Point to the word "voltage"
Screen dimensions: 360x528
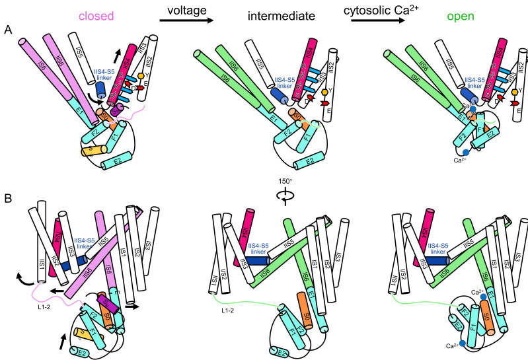pyautogui.click(x=187, y=10)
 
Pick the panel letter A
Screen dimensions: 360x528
pyautogui.click(x=7, y=30)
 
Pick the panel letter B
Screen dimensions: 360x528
pyautogui.click(x=7, y=196)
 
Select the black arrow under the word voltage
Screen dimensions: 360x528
pyautogui.click(x=187, y=21)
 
